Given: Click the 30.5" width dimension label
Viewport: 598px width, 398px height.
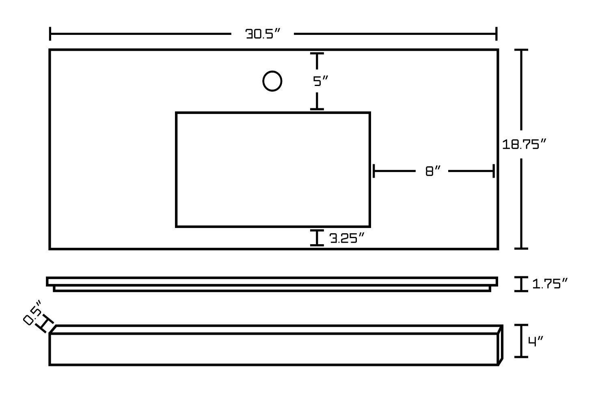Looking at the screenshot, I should (x=263, y=34).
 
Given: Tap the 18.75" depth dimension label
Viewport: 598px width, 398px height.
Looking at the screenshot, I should (x=525, y=144).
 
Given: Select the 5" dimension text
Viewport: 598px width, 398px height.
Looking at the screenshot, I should (x=320, y=82).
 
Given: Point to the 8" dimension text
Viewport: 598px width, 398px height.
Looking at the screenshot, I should (x=433, y=172).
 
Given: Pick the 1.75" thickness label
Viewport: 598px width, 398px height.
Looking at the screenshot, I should (x=549, y=284).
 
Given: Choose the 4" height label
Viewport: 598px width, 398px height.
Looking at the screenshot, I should (x=535, y=342).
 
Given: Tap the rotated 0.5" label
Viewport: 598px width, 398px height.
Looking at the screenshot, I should (x=32, y=313).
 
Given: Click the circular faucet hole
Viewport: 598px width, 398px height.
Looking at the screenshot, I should (x=272, y=81).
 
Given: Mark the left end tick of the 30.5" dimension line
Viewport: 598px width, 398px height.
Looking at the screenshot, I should (x=50, y=34).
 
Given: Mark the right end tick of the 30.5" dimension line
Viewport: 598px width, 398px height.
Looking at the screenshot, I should (x=496, y=34).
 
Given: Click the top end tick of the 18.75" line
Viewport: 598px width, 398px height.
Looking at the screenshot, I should (x=521, y=50).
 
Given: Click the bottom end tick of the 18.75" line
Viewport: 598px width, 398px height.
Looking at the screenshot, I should (x=521, y=248).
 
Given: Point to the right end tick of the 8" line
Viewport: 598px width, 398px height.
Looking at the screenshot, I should (x=493, y=171).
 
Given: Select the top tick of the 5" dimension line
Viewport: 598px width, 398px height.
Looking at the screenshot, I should (x=317, y=54).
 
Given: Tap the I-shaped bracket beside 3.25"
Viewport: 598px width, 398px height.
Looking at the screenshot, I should (x=317, y=238).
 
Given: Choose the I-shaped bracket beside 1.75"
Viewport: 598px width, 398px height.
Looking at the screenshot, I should (x=521, y=284).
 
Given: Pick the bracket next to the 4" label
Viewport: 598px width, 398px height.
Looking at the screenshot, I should (x=521, y=341).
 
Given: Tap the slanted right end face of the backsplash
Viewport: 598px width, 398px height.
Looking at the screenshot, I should (x=501, y=345).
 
